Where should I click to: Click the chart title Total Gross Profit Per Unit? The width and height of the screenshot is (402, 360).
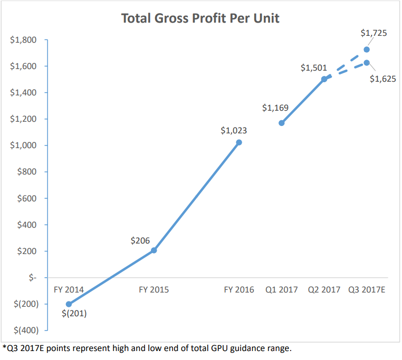point(200,18)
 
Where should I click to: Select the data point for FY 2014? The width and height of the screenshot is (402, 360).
point(69,304)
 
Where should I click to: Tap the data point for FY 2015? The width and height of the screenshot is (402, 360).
point(154,250)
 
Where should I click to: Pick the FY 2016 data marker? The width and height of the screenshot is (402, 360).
point(239,142)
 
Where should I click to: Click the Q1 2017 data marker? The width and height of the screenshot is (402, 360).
point(282,123)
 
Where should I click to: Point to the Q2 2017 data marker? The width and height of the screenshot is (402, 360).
point(324,79)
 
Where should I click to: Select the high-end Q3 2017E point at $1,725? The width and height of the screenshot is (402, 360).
point(367,50)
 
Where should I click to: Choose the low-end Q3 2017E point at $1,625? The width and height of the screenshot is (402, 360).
point(367,63)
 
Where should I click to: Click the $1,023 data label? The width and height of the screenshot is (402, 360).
point(234,130)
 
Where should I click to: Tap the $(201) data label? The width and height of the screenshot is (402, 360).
point(74,314)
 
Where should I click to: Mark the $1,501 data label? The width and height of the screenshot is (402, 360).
point(314,68)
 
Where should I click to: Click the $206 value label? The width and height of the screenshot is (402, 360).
point(140,241)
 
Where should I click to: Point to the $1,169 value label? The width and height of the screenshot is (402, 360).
point(275,108)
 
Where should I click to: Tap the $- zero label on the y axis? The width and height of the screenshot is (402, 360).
point(32,278)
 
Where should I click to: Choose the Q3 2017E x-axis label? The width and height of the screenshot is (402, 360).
point(367,289)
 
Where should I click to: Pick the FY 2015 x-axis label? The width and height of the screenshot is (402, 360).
point(154,289)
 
